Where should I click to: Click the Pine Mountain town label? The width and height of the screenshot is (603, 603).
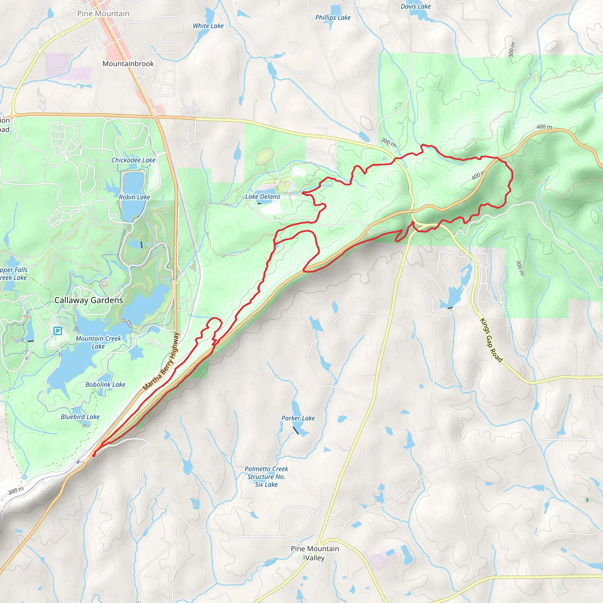coord(103,14)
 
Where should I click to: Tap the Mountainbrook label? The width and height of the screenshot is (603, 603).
coord(128,64)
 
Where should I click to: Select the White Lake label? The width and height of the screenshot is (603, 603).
coord(208,26)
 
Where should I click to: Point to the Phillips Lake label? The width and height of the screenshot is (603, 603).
coord(333,17)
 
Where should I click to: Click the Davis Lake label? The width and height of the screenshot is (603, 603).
coord(415,6)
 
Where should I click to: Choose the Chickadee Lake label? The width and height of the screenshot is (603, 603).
coord(133,160)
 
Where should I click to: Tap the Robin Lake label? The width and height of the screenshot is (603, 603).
coord(134,197)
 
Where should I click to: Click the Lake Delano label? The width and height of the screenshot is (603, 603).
coord(262,197)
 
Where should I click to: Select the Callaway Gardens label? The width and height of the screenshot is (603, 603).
coord(89,300)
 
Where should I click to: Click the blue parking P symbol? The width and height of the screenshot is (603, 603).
coord(57,331)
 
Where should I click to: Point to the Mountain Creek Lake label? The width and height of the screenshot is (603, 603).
coord(98,342)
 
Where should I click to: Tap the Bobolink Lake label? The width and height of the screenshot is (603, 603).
coord(105,385)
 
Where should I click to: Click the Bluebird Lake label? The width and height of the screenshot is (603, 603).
coord(80,417)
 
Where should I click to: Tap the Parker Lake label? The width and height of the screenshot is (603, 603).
coord(298,418)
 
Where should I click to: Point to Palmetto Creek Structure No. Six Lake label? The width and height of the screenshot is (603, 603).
coord(266,477)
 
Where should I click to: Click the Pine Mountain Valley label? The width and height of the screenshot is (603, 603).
coord(315,553)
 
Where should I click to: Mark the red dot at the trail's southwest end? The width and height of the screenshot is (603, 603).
coord(94,455)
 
